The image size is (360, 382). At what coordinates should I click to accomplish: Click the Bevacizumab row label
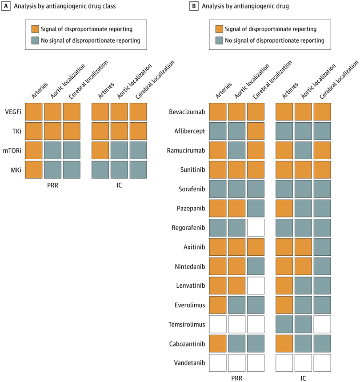click(x=187, y=112)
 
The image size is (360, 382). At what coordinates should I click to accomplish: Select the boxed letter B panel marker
click(x=194, y=7)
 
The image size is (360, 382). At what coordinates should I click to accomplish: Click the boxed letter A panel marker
click(x=7, y=7)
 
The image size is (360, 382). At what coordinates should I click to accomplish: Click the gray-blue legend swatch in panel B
click(x=219, y=40)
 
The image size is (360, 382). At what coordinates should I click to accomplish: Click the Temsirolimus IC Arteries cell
click(x=285, y=324)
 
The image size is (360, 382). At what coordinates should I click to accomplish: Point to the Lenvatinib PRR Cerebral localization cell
click(x=256, y=285)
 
